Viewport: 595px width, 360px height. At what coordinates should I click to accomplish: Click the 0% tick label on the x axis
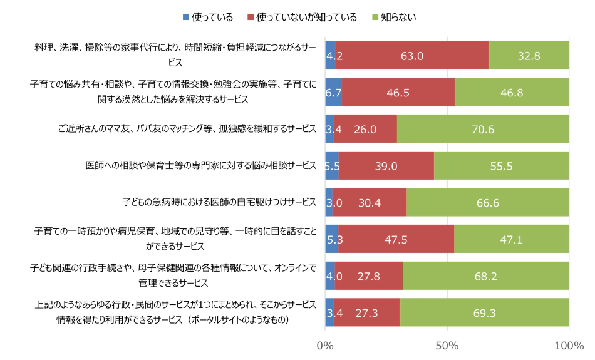(x=325, y=345)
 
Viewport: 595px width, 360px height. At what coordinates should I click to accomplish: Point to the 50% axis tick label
(x=447, y=345)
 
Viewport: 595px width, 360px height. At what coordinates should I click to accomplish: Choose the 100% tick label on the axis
(x=568, y=345)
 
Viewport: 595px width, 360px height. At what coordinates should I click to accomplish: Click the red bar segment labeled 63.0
(x=412, y=55)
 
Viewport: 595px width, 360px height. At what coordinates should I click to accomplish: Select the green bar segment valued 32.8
(x=529, y=55)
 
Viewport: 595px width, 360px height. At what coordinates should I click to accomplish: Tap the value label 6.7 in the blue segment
(x=333, y=92)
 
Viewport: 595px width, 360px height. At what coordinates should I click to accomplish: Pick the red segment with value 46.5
(x=398, y=92)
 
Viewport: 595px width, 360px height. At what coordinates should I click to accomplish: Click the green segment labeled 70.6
(x=483, y=129)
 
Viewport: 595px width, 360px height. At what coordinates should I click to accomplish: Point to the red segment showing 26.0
(x=365, y=129)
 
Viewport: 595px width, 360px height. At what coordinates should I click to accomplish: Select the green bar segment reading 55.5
(x=501, y=166)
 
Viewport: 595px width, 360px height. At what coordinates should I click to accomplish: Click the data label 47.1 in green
(x=512, y=239)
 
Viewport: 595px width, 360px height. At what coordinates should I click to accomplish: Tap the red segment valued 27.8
(x=368, y=276)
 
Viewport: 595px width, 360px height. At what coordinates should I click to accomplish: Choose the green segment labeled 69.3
(x=484, y=312)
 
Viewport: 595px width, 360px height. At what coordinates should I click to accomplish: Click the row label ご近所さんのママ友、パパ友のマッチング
(x=187, y=129)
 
